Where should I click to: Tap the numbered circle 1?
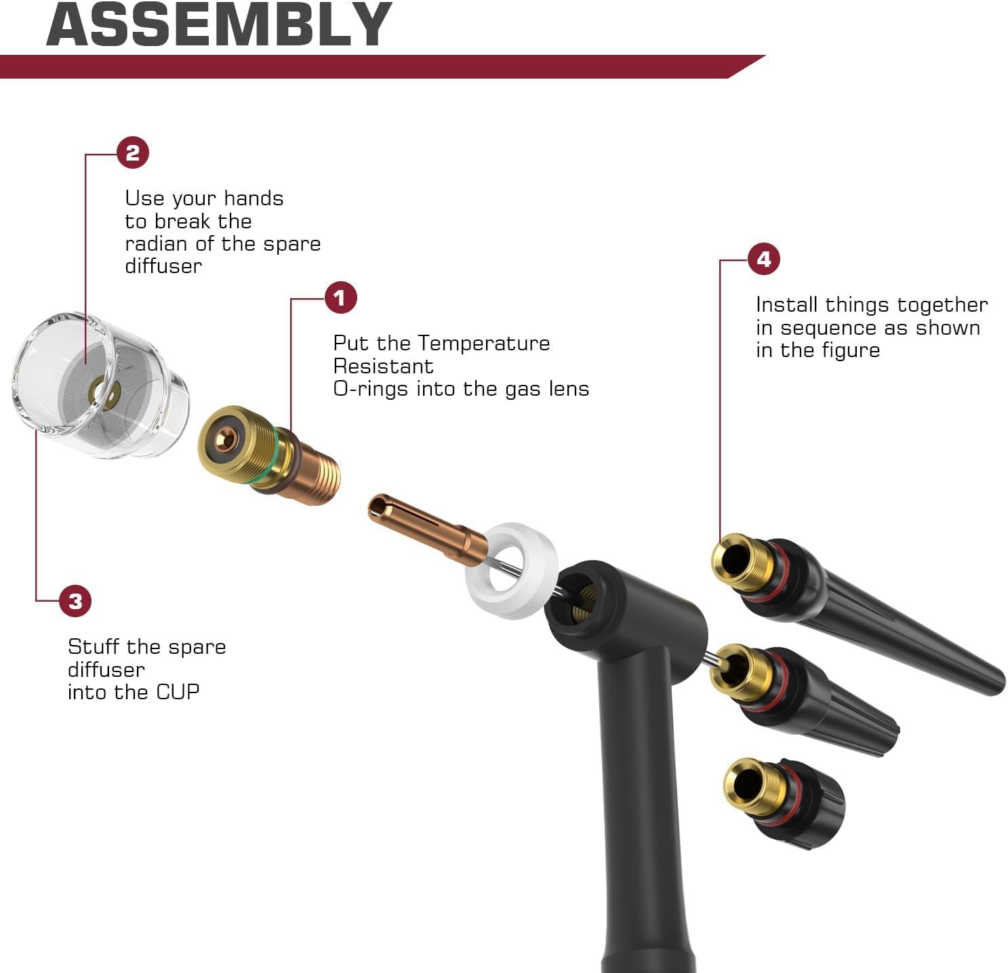(340, 297)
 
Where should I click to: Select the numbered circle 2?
(133, 152)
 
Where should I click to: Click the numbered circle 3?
(76, 601)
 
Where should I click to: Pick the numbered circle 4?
(764, 259)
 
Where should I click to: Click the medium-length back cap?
(805, 699)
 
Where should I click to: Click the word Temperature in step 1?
(483, 343)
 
